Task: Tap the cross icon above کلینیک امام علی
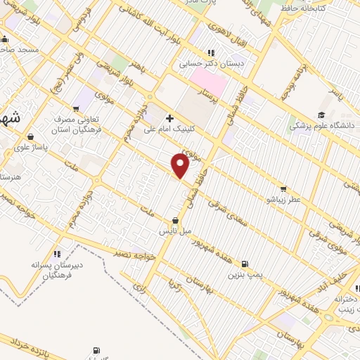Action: click(x=169, y=117)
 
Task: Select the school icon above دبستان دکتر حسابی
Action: click(x=210, y=52)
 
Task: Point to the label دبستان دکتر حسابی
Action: click(x=209, y=63)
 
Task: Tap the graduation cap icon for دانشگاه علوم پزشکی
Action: click(x=321, y=115)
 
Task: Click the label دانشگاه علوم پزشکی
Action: click(x=321, y=127)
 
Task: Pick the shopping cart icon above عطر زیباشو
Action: click(x=283, y=188)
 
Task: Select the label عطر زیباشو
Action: click(x=283, y=200)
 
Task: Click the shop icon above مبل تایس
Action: click(x=175, y=220)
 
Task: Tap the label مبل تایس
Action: click(x=173, y=231)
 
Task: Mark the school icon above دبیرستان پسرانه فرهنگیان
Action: click(x=56, y=253)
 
